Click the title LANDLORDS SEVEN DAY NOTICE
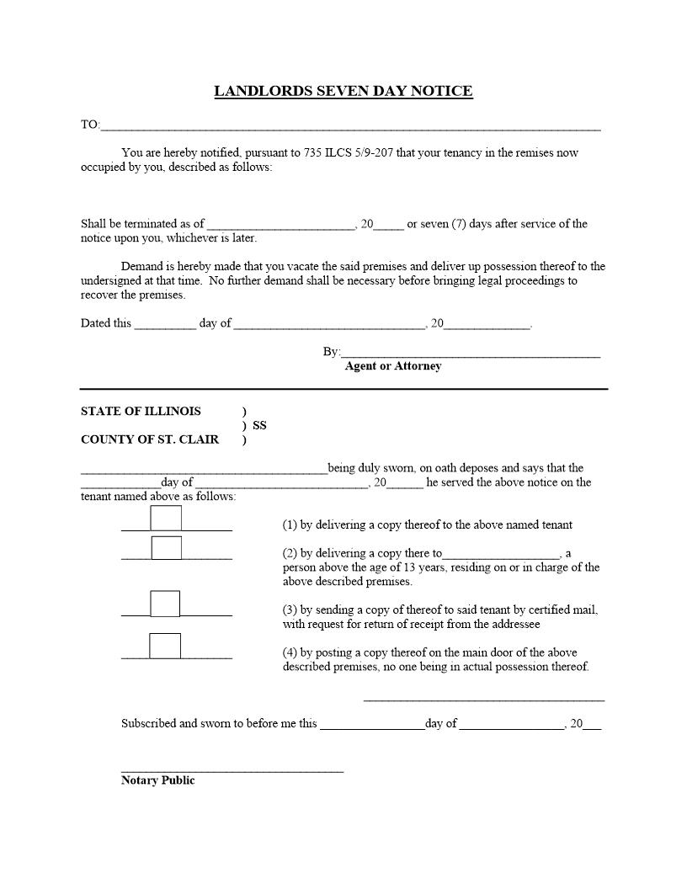pos(343,91)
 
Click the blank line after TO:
pos(349,125)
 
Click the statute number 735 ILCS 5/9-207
pos(348,152)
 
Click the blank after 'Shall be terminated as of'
pos(280,224)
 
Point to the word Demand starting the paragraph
pos(141,266)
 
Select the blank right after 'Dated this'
pos(165,323)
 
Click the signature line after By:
pos(471,352)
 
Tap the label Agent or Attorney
pos(392,366)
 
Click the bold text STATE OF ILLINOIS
pos(141,412)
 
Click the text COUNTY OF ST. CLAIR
pos(149,439)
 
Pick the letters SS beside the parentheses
pos(259,426)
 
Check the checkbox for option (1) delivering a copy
pos(166,519)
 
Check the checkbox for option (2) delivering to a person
pos(166,548)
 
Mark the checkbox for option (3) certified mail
pos(165,604)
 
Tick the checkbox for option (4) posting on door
pos(165,646)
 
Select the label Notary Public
pos(157,780)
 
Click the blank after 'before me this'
pos(372,724)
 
